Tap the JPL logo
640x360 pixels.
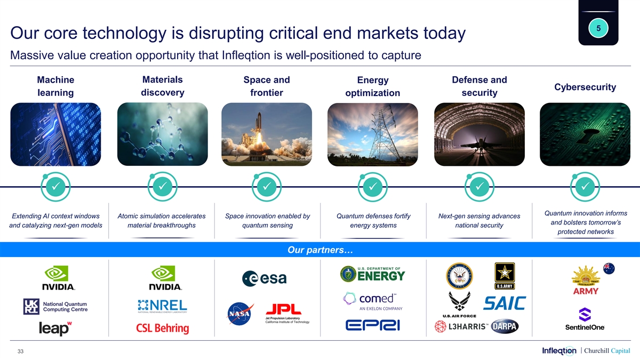(287, 314)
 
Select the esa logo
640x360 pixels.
(265, 278)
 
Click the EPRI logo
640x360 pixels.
(373, 325)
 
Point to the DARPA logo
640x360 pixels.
(505, 326)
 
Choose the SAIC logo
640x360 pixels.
(505, 303)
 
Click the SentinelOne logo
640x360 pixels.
(585, 319)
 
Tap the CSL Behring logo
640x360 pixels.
(163, 328)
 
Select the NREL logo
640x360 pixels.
(162, 306)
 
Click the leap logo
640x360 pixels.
(55, 329)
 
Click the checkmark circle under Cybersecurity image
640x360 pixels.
(585, 187)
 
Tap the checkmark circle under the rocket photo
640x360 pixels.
(267, 187)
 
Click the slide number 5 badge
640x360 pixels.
(598, 28)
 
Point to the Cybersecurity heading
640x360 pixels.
(585, 87)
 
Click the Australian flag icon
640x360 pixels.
(609, 269)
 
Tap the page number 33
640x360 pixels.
(21, 351)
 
